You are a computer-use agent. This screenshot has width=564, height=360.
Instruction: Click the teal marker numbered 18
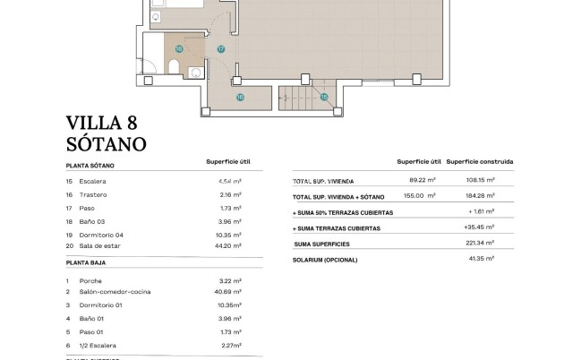coord(179,49)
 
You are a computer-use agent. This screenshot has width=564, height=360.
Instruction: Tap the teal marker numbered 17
coord(221,49)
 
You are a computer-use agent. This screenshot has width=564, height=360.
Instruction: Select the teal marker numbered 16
coord(240,97)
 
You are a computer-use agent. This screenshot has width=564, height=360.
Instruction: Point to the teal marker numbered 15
coord(324,97)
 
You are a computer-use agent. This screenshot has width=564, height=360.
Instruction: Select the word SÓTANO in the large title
coord(106,143)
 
